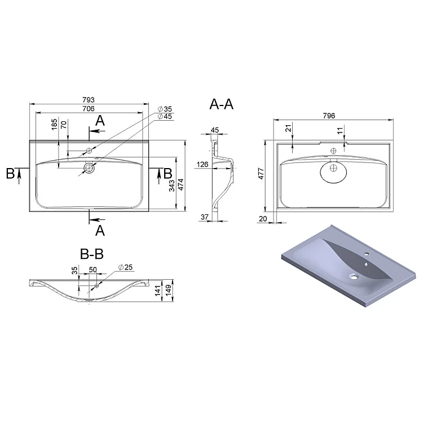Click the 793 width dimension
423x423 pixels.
tap(89, 100)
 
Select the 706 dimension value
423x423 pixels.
tap(89, 108)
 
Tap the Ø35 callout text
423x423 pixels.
tap(165, 109)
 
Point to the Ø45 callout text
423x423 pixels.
tap(165, 116)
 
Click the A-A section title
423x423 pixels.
tap(221, 104)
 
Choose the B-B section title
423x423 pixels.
tap(92, 254)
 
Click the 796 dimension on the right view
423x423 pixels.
tap(329, 116)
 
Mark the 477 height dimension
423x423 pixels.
tap(261, 174)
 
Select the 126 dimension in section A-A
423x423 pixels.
tap(202, 164)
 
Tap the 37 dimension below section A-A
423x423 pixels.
tap(205, 217)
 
